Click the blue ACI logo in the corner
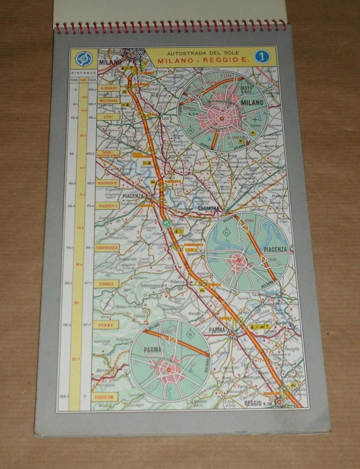83,59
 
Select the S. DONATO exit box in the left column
108,88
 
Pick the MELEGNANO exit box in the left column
108,101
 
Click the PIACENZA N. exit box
108,183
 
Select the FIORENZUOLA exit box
107,248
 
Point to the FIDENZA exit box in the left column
107,283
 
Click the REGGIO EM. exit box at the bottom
105,397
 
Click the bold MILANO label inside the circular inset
252,103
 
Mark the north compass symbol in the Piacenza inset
227,233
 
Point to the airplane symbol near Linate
256,119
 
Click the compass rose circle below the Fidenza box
107,304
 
